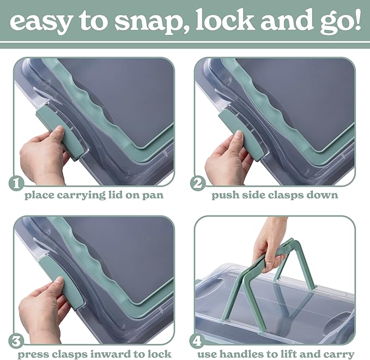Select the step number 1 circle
click(x=16, y=183)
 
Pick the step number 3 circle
click(x=16, y=341)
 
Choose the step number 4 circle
click(x=197, y=341)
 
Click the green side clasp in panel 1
click(x=60, y=133)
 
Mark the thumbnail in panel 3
click(x=59, y=281)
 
